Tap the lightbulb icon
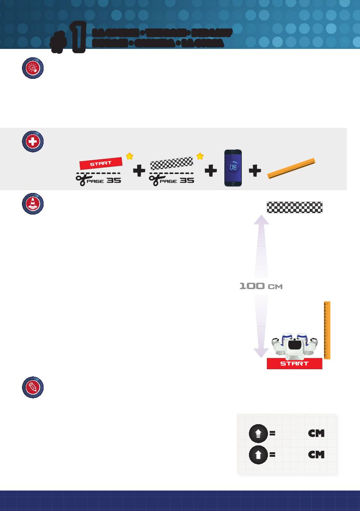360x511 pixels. [33, 68]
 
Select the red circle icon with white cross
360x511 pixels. [33, 141]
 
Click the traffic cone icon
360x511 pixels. [33, 204]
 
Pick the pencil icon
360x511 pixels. [33, 387]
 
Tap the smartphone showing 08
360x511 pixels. [233, 168]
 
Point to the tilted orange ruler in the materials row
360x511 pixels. [291, 168]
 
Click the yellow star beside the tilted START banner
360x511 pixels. [130, 156]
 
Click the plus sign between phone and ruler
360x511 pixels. [255, 171]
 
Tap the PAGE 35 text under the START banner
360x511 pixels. [104, 180]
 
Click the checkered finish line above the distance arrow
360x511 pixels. [294, 207]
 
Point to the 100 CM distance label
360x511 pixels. [261, 286]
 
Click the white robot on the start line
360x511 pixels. [294, 346]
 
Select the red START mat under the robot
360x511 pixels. [294, 364]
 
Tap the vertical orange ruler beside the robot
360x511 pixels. [327, 330]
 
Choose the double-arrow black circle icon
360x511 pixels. [258, 433]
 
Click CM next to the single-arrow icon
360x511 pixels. [316, 455]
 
